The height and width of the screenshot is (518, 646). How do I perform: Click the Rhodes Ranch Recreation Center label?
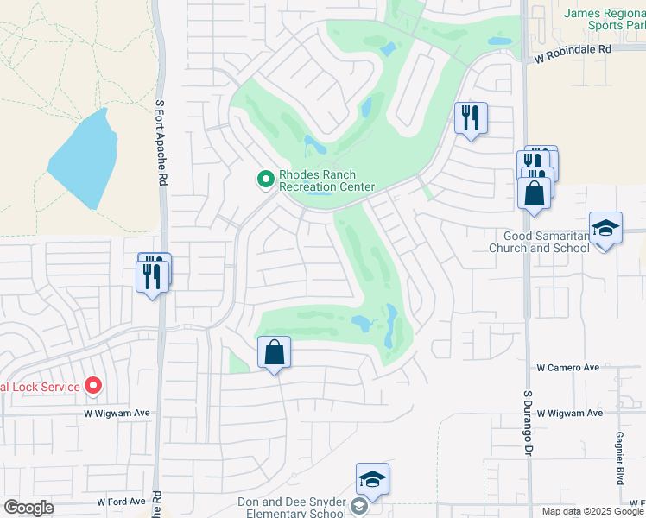coord(326,180)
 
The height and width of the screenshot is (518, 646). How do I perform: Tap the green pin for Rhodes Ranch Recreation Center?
coord(266,180)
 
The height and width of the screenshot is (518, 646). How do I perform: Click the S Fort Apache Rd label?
coord(160,142)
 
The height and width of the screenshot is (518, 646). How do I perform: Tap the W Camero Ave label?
coord(567,368)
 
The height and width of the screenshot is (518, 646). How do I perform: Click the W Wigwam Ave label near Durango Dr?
coord(570,414)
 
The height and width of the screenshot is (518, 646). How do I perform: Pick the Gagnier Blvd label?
coord(619,458)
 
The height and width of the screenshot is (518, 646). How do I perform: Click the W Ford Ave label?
coord(121,502)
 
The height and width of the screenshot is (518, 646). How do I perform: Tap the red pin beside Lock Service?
coord(93,387)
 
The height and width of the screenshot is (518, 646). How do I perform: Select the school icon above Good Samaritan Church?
coord(605,229)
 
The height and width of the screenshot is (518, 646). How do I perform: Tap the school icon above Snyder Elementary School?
coord(372,479)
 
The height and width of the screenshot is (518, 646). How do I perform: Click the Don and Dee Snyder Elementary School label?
coord(292,508)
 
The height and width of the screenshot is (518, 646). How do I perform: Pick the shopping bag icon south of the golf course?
coord(274,352)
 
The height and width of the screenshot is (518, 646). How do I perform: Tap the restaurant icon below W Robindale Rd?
coord(471,117)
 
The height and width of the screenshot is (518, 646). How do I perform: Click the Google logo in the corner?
coord(28,508)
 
